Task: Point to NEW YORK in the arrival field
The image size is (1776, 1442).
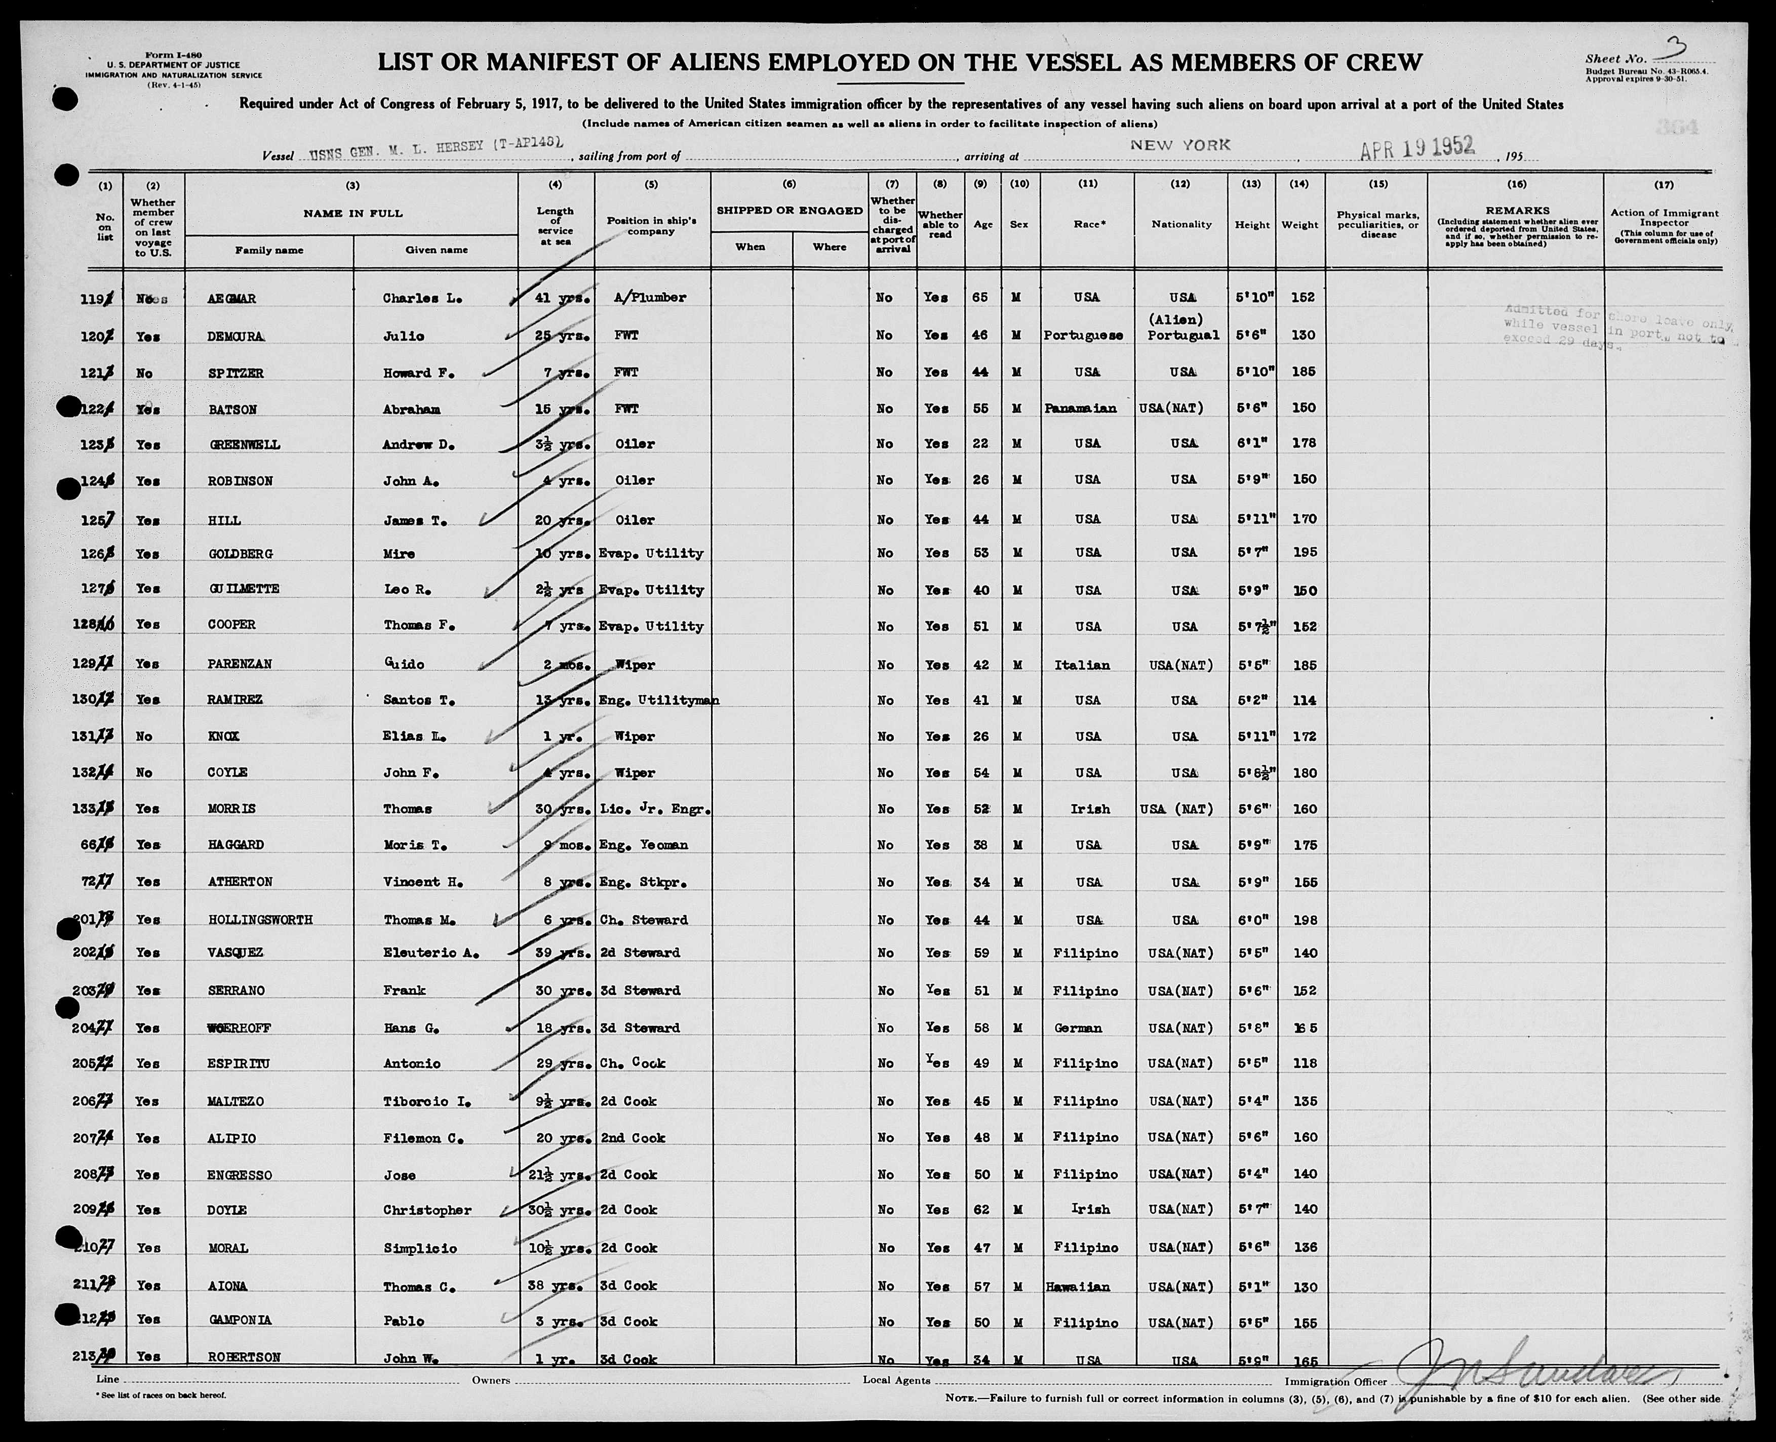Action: tap(1179, 145)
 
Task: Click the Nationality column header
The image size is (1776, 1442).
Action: tap(1181, 224)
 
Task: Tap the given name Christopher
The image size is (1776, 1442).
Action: tap(427, 1210)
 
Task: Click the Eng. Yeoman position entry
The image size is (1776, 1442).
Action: tap(643, 845)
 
